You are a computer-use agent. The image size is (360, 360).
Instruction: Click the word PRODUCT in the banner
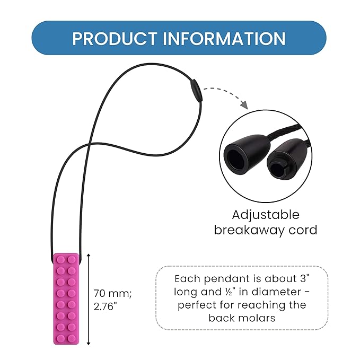coord(115,38)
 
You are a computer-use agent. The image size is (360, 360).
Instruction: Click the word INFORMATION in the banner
coord(224,38)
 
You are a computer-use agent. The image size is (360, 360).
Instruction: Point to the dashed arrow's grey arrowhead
coord(244,104)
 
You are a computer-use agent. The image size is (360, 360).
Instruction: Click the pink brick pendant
coord(66,298)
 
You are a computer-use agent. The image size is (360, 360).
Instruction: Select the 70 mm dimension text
coord(112,293)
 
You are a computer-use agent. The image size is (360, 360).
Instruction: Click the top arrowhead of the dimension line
coord(89,256)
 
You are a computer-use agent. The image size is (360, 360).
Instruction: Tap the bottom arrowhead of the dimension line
coord(89,343)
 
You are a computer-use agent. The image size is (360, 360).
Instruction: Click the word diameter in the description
coord(276,292)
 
